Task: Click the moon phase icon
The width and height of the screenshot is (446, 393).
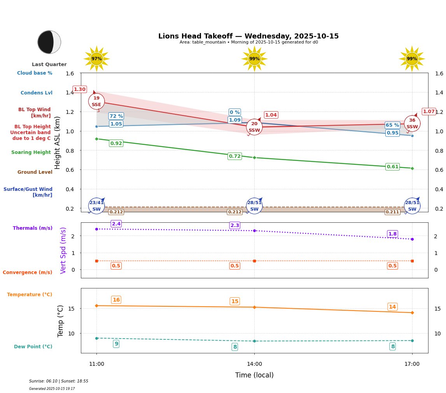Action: pyautogui.click(x=49, y=42)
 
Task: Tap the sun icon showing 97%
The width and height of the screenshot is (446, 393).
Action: pyautogui.click(x=96, y=59)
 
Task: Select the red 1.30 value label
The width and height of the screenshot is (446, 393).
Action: pyautogui.click(x=80, y=89)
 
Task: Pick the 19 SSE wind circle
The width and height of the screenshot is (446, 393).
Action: pyautogui.click(x=96, y=101)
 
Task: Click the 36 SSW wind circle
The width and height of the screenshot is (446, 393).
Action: pyautogui.click(x=412, y=124)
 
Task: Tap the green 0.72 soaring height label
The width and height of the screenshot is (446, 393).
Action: pyautogui.click(x=235, y=156)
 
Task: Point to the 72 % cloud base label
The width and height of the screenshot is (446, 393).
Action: pyautogui.click(x=116, y=116)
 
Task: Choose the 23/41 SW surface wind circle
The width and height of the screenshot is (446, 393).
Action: pyautogui.click(x=96, y=206)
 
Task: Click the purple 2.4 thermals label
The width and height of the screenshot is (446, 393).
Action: pyautogui.click(x=116, y=224)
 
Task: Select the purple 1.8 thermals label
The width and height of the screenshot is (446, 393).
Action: pyautogui.click(x=393, y=234)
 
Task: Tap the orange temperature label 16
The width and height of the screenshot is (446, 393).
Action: pyautogui.click(x=116, y=300)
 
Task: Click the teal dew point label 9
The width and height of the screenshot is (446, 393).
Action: pyautogui.click(x=116, y=344)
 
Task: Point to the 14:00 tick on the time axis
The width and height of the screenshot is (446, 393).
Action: pyautogui.click(x=254, y=364)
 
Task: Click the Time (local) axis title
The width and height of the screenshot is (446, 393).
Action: pyautogui.click(x=254, y=375)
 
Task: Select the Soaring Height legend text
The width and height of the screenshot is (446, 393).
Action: pyautogui.click(x=31, y=153)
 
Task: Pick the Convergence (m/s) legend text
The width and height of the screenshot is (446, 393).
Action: pyautogui.click(x=28, y=272)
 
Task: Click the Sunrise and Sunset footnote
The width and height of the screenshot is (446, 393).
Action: pyautogui.click(x=59, y=381)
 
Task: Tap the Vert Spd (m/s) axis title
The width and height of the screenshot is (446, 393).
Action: pyautogui.click(x=64, y=250)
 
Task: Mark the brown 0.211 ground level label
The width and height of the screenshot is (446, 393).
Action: pyautogui.click(x=392, y=212)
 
